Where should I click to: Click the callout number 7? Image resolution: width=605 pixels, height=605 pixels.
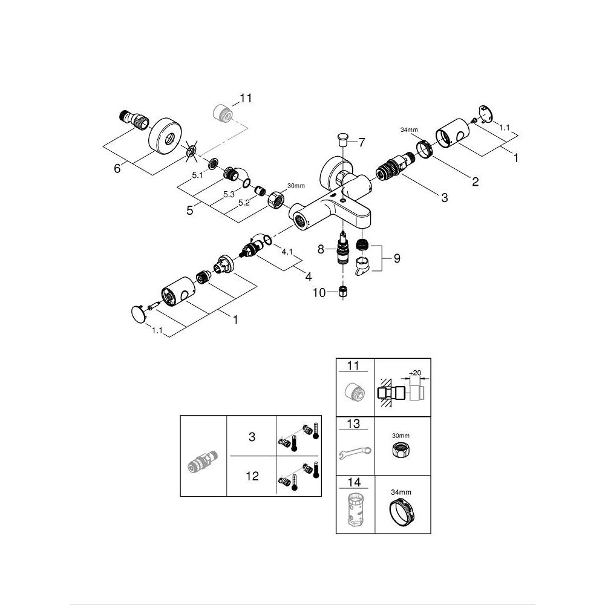362,143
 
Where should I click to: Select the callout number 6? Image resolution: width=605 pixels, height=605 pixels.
117,169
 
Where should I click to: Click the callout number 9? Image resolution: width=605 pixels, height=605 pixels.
397,258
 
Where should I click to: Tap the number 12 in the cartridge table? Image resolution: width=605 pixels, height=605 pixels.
252,476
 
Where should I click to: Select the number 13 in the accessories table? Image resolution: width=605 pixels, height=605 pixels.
354,423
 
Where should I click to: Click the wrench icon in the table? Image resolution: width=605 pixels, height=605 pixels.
355,451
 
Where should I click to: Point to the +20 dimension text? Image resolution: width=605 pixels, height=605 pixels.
415,373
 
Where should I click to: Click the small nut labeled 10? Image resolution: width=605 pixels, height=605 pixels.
343,292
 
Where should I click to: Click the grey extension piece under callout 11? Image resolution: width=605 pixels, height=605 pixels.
224,113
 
